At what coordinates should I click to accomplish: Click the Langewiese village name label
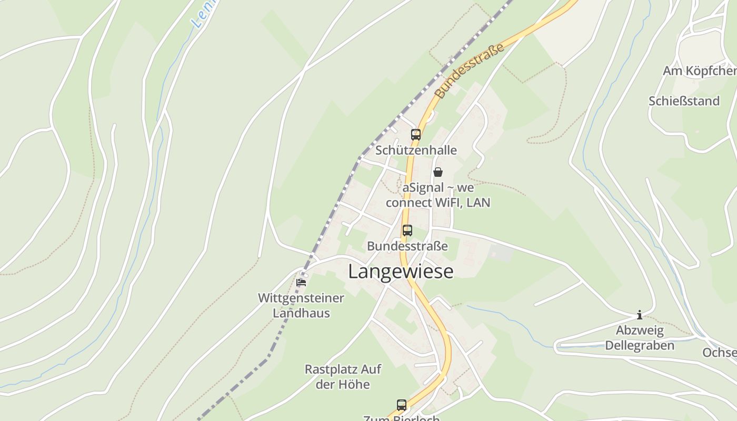pos(401,272)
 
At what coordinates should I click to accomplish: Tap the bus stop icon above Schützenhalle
pos(416,134)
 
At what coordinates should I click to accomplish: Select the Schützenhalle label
pos(416,151)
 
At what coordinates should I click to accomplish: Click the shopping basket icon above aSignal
pos(438,172)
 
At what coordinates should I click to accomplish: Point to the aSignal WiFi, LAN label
pos(438,195)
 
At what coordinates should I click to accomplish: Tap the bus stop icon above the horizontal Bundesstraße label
pos(407,230)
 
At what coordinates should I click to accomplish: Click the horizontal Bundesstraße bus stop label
pos(407,246)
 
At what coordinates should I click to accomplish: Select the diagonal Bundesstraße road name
pos(470,70)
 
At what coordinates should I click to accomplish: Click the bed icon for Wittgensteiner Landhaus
pos(301,282)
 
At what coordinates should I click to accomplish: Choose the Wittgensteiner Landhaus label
pos(301,305)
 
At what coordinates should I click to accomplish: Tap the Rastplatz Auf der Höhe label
pos(343,376)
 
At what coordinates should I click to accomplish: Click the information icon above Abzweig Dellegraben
pos(640,315)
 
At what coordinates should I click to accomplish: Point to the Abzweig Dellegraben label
pos(640,338)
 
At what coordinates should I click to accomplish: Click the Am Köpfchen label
pos(699,71)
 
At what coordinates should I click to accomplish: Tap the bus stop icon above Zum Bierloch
pos(402,405)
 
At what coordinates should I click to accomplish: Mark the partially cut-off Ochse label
pos(720,352)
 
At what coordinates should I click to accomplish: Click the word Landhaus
pos(301,313)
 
